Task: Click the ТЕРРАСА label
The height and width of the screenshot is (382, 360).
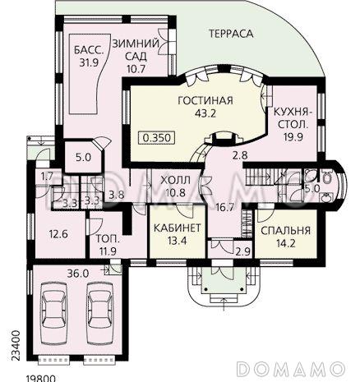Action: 231,34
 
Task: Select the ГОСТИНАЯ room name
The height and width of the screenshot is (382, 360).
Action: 205,100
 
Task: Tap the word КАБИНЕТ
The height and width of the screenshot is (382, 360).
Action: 178,228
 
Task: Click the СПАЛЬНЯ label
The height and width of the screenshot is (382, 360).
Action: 286,231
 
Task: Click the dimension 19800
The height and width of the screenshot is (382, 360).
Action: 41,379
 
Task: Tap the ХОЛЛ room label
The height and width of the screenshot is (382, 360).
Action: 175,180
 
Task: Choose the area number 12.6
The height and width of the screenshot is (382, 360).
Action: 58,234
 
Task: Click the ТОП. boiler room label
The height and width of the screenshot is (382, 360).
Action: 108,239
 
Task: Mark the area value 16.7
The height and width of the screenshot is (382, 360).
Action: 224,207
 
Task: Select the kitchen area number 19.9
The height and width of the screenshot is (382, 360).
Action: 293,136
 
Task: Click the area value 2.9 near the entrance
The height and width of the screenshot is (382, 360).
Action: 243,251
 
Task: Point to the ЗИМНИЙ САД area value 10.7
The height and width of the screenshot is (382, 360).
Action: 136,68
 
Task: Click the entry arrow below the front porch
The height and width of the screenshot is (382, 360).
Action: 224,304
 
